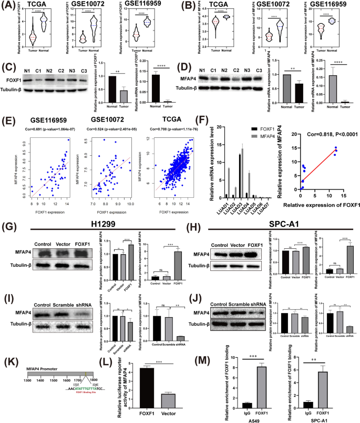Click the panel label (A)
pyautogui.click(x=9, y=7)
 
